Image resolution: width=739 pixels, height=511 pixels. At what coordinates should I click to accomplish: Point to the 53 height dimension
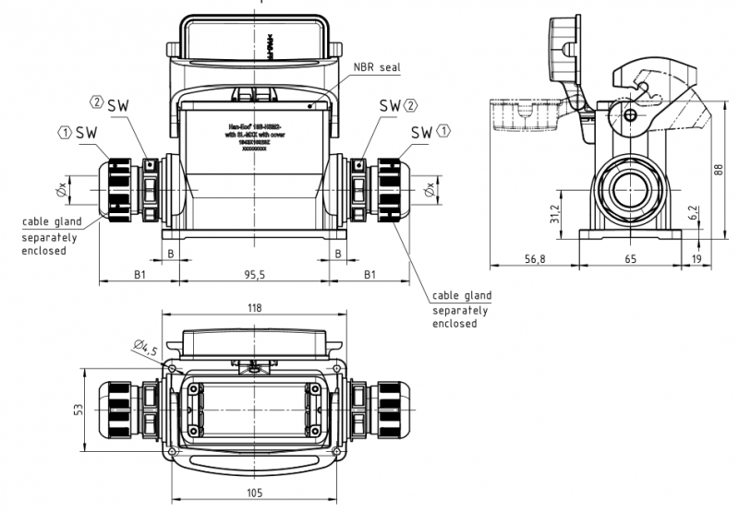click(79, 408)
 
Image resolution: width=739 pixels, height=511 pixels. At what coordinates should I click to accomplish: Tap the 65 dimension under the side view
click(630, 260)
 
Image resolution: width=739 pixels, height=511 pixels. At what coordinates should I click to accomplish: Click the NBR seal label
click(377, 68)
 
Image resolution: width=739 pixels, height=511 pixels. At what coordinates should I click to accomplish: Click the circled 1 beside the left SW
click(65, 133)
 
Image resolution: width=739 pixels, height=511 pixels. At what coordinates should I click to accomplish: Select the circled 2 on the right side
click(410, 105)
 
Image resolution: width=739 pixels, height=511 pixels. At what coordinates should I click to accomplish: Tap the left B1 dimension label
click(139, 275)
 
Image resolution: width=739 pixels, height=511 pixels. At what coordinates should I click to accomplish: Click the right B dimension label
click(338, 253)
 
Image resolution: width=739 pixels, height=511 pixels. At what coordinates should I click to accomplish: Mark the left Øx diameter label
click(62, 190)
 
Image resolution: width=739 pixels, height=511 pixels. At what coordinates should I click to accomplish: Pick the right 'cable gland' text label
click(462, 295)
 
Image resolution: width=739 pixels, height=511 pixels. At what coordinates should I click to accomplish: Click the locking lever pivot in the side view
click(630, 114)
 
